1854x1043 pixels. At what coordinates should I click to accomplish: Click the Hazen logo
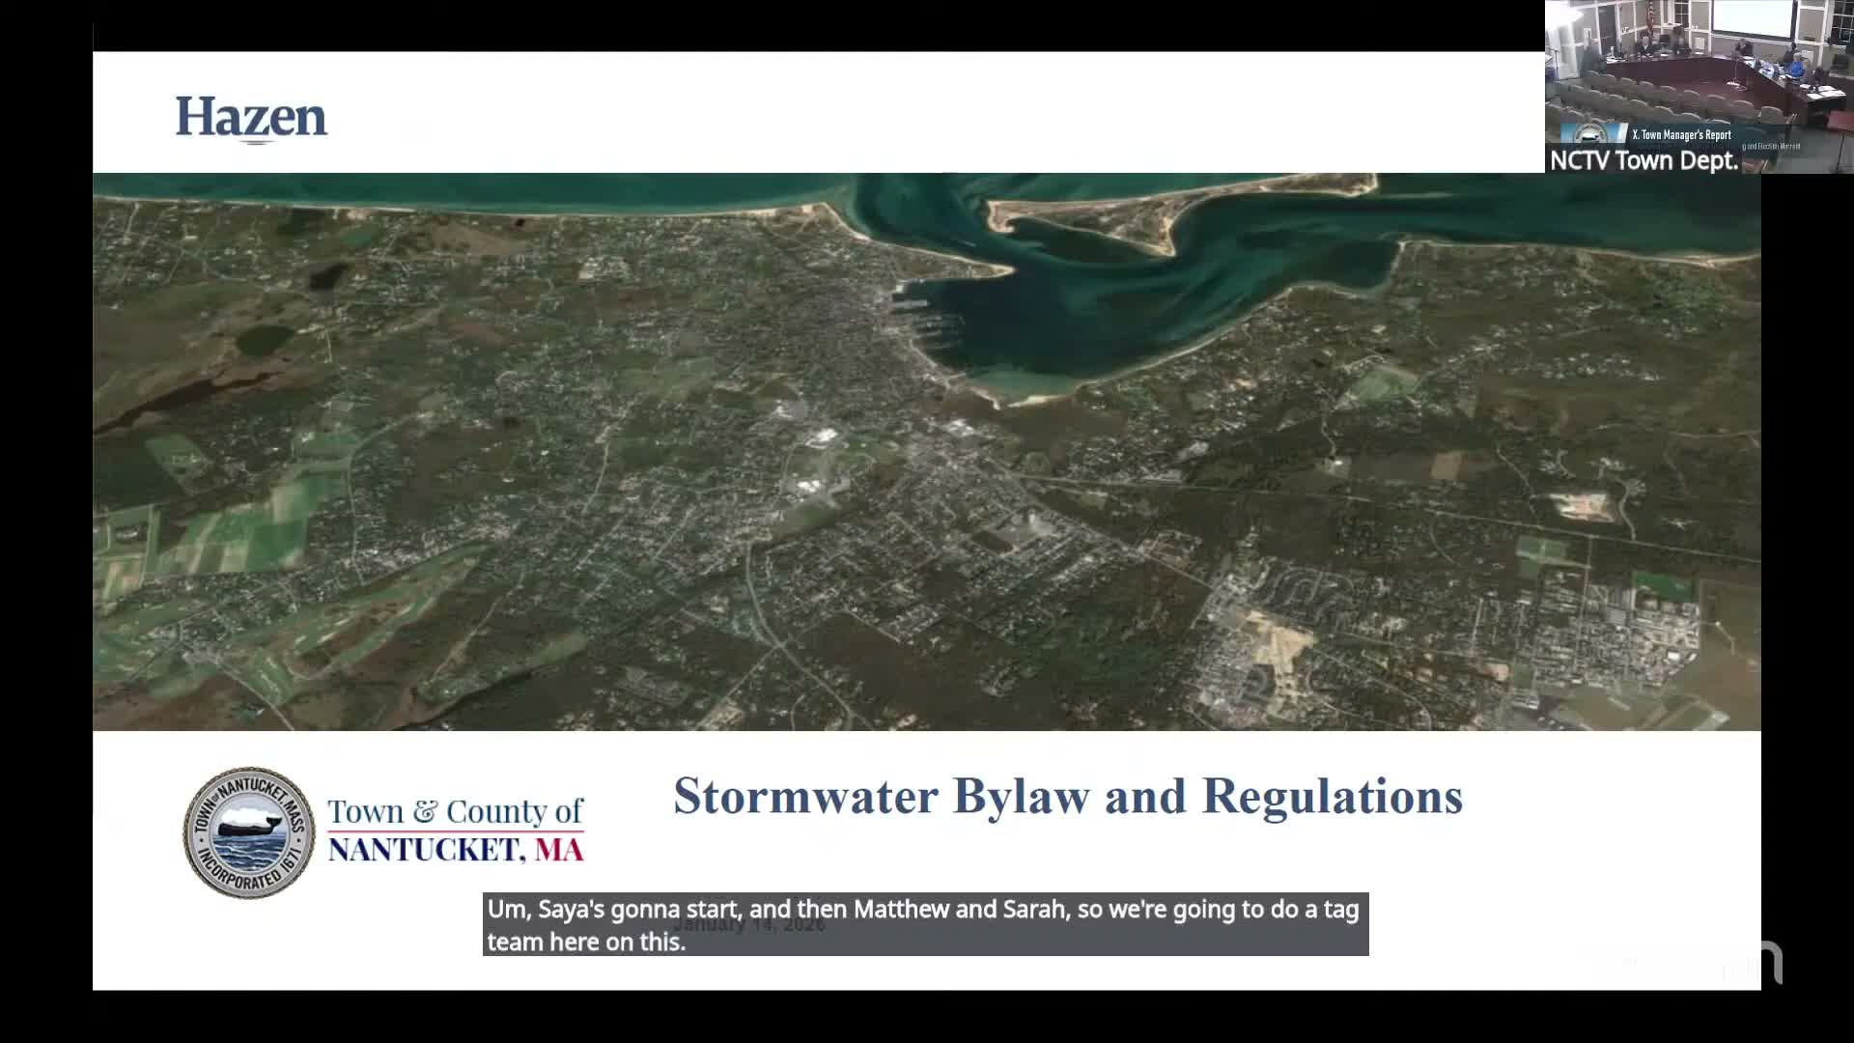pyautogui.click(x=251, y=118)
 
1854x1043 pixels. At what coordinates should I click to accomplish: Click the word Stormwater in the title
pyautogui.click(x=805, y=797)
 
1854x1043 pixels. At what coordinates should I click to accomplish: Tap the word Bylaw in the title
pyautogui.click(x=1021, y=797)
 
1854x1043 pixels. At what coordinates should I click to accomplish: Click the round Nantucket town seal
pyautogui.click(x=249, y=832)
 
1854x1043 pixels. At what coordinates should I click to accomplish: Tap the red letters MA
pyautogui.click(x=559, y=850)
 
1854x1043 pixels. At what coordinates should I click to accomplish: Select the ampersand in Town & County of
pyautogui.click(x=425, y=811)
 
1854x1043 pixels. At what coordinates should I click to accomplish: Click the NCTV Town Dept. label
pyautogui.click(x=1643, y=160)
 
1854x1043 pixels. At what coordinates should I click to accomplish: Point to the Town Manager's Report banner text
pyautogui.click(x=1681, y=135)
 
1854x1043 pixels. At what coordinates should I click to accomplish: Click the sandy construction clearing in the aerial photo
pyautogui.click(x=1275, y=637)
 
